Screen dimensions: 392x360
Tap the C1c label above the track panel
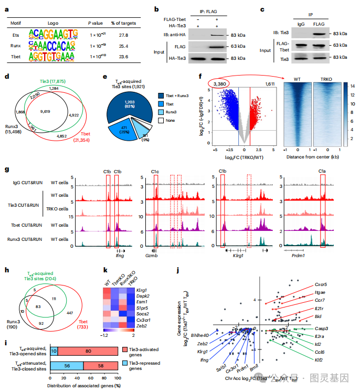coord(155,172)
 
